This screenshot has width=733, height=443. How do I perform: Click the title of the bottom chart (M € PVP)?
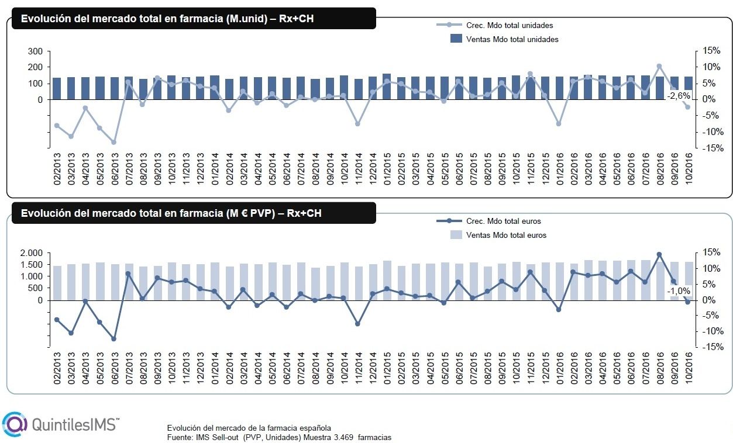pos(171,213)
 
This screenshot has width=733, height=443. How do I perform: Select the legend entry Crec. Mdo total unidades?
pos(510,25)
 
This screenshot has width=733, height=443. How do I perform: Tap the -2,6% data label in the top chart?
pos(678,95)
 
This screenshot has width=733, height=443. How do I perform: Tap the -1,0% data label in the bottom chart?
pos(678,291)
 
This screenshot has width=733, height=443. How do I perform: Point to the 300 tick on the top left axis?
pos(36,51)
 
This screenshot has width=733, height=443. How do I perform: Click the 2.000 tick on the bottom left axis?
pos(32,253)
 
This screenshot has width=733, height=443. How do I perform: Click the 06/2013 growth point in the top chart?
pos(114,142)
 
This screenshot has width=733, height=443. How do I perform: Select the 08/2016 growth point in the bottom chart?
pos(659,254)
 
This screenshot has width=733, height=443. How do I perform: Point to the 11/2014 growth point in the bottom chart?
pos(357,323)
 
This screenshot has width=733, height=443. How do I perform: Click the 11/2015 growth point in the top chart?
pos(530,74)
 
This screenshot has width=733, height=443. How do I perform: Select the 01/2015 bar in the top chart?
pos(387,86)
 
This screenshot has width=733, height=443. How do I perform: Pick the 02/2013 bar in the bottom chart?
pos(57,283)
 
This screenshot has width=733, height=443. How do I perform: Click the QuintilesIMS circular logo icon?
pos(15,424)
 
